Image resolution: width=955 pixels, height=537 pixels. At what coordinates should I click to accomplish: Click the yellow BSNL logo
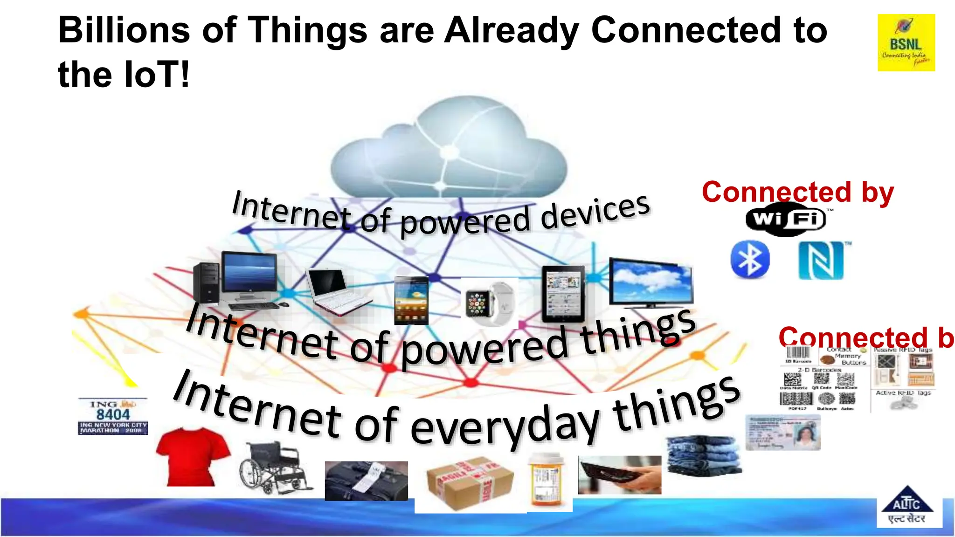906,42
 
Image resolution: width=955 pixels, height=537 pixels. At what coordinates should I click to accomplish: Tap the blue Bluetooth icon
750,260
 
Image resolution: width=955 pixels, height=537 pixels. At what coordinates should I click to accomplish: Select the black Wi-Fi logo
786,219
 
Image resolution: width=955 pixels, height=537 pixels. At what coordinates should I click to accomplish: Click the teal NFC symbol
821,260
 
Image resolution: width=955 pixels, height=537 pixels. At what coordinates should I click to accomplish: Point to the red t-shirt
192,456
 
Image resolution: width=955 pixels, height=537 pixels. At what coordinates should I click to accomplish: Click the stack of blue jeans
703,455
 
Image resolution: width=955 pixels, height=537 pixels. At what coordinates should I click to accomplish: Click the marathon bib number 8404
113,416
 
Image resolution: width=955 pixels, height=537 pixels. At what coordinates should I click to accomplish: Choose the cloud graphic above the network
449,149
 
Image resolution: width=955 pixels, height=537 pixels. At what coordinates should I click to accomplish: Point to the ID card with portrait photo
783,432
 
